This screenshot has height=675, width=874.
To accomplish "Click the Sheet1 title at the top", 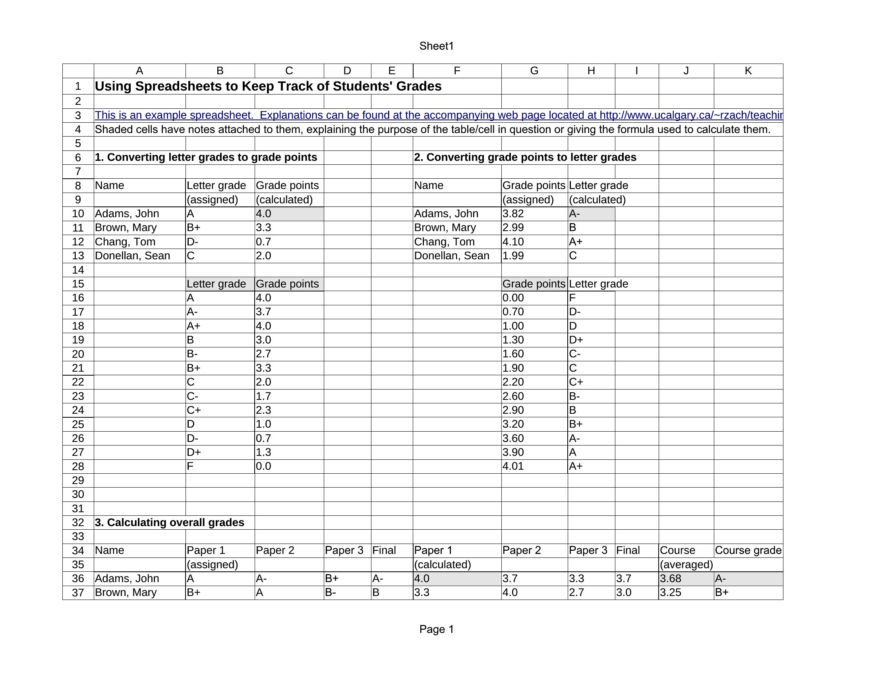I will [436, 46].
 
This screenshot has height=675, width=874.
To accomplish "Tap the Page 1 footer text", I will [436, 629].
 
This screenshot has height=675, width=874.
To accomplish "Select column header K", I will [748, 71].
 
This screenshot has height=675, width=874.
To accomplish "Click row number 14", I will [78, 270].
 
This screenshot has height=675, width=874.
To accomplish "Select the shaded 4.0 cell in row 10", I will [288, 214].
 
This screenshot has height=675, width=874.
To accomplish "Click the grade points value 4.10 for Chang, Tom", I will [513, 242].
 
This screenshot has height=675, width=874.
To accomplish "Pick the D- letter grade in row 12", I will [193, 242].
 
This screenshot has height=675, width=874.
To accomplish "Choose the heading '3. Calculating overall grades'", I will [170, 523].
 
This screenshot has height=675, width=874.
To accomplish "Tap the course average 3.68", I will [670, 579].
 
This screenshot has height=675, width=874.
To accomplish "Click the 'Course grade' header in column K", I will [748, 551].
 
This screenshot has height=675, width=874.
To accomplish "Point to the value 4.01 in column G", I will [513, 466].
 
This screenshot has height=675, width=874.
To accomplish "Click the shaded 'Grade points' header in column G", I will [534, 284].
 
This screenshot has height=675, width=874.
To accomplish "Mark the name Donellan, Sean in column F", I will [451, 256].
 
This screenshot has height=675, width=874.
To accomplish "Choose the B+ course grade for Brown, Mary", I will [721, 593].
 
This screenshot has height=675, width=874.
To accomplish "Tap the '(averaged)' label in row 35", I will [686, 565].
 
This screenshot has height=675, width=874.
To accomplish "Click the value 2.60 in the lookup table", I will [513, 396].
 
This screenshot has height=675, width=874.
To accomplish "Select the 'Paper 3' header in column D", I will [344, 551].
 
